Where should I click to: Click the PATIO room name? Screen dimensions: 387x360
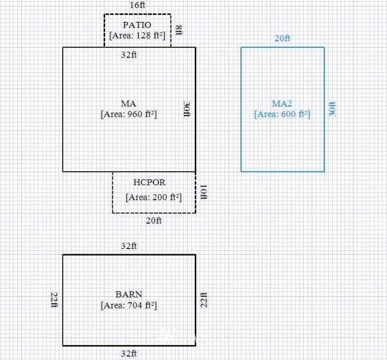[x=137, y=25]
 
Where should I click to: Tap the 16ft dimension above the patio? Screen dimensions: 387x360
[x=137, y=5]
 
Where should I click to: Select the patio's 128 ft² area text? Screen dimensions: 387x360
[x=137, y=35]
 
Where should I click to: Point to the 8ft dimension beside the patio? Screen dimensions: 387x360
[x=179, y=30]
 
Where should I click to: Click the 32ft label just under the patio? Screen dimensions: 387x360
[x=128, y=55]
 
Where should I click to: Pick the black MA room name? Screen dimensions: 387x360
[x=128, y=103]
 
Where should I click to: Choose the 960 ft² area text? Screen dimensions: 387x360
[x=128, y=114]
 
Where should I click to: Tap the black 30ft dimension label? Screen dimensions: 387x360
[x=187, y=109]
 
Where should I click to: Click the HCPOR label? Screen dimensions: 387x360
[x=150, y=182]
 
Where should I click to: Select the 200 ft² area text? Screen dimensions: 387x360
[x=154, y=197]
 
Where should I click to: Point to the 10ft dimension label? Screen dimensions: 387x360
[x=204, y=192]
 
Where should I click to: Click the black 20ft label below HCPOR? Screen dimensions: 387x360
[x=154, y=220]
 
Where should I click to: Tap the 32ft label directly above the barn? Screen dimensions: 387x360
[x=128, y=246]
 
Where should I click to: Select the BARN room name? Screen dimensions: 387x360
[x=129, y=294]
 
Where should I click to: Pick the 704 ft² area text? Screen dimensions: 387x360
[x=128, y=305]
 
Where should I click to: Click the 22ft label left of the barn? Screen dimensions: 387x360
[x=54, y=300]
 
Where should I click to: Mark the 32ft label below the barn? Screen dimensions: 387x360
[x=128, y=354]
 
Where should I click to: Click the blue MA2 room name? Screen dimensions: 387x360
[x=282, y=103]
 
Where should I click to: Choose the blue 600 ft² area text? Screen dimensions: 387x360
[x=282, y=114]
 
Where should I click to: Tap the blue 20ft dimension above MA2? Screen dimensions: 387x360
[x=283, y=38]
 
